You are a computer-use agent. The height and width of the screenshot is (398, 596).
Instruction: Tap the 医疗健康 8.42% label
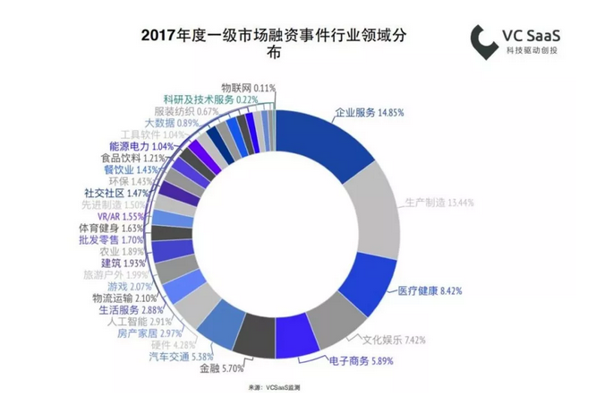429,290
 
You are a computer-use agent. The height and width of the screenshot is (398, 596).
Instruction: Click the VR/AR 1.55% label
119,216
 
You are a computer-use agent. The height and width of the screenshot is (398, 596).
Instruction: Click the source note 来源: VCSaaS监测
274,387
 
